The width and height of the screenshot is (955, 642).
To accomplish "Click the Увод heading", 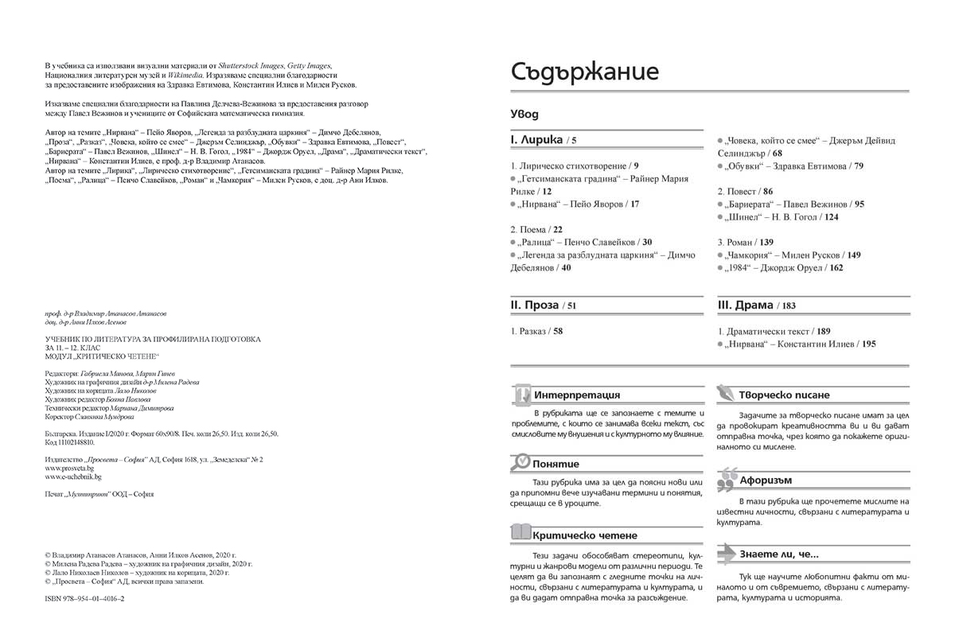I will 524,114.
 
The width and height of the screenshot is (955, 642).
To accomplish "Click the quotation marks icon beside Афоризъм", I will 726,480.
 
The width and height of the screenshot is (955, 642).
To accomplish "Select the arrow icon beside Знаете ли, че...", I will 726,553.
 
